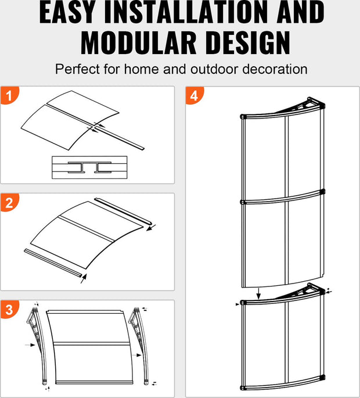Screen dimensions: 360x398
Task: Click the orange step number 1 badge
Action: tap(9, 95)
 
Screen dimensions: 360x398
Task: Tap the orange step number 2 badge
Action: tap(9, 202)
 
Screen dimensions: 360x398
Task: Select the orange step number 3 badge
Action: tap(9, 310)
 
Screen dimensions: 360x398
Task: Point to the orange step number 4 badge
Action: tap(195, 95)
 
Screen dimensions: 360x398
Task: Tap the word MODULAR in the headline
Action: tap(139, 42)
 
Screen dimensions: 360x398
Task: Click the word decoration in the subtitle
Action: tap(275, 69)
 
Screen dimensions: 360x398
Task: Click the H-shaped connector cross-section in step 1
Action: tap(89, 167)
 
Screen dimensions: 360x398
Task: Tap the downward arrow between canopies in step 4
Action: tap(258, 294)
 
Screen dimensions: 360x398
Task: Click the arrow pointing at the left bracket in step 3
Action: tap(30, 345)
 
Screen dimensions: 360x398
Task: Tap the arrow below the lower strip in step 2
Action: tap(84, 278)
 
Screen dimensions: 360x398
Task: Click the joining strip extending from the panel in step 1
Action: tap(120, 137)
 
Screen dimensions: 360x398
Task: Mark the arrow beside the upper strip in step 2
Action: tap(151, 228)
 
